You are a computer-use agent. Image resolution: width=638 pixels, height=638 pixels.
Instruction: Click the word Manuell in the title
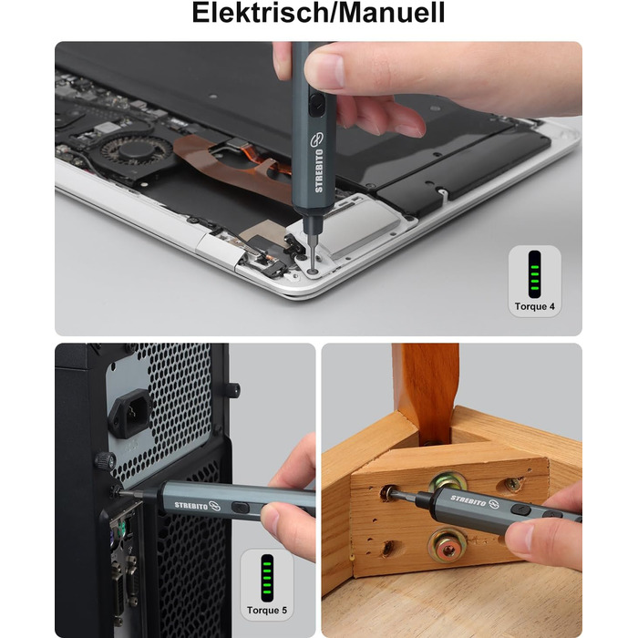tap(392, 13)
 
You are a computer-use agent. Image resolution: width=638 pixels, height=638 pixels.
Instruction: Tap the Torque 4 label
tap(535, 306)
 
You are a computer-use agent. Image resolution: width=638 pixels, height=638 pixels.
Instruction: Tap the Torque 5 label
tap(267, 611)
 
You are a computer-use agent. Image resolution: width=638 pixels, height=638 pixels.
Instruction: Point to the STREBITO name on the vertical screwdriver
tap(319, 170)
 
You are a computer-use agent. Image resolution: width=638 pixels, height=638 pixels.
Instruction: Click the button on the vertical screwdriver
tap(315, 105)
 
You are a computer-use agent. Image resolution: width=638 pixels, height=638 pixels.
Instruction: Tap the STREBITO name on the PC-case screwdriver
tap(191, 506)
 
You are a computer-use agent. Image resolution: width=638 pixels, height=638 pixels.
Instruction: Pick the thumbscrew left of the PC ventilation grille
tap(106, 461)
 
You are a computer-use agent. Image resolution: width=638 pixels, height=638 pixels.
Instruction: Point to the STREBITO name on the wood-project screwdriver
tap(468, 501)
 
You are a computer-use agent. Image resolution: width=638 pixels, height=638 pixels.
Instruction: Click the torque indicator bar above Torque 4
tap(535, 274)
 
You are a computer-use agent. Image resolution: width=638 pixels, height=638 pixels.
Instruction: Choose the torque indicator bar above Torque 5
tap(267, 578)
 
